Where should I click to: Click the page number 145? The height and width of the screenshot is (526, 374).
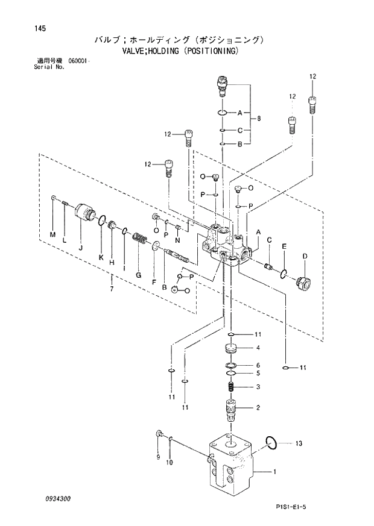[x=25, y=28]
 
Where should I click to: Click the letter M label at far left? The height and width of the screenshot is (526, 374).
[x=52, y=234]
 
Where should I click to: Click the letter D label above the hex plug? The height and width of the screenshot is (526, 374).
[x=305, y=256]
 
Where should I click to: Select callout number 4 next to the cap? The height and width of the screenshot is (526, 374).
[x=258, y=348]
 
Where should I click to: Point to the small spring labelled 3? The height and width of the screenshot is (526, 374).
[x=231, y=387]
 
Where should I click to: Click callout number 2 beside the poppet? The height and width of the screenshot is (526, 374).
[x=258, y=408]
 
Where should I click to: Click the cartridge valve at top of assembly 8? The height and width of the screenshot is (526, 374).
[x=221, y=86]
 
